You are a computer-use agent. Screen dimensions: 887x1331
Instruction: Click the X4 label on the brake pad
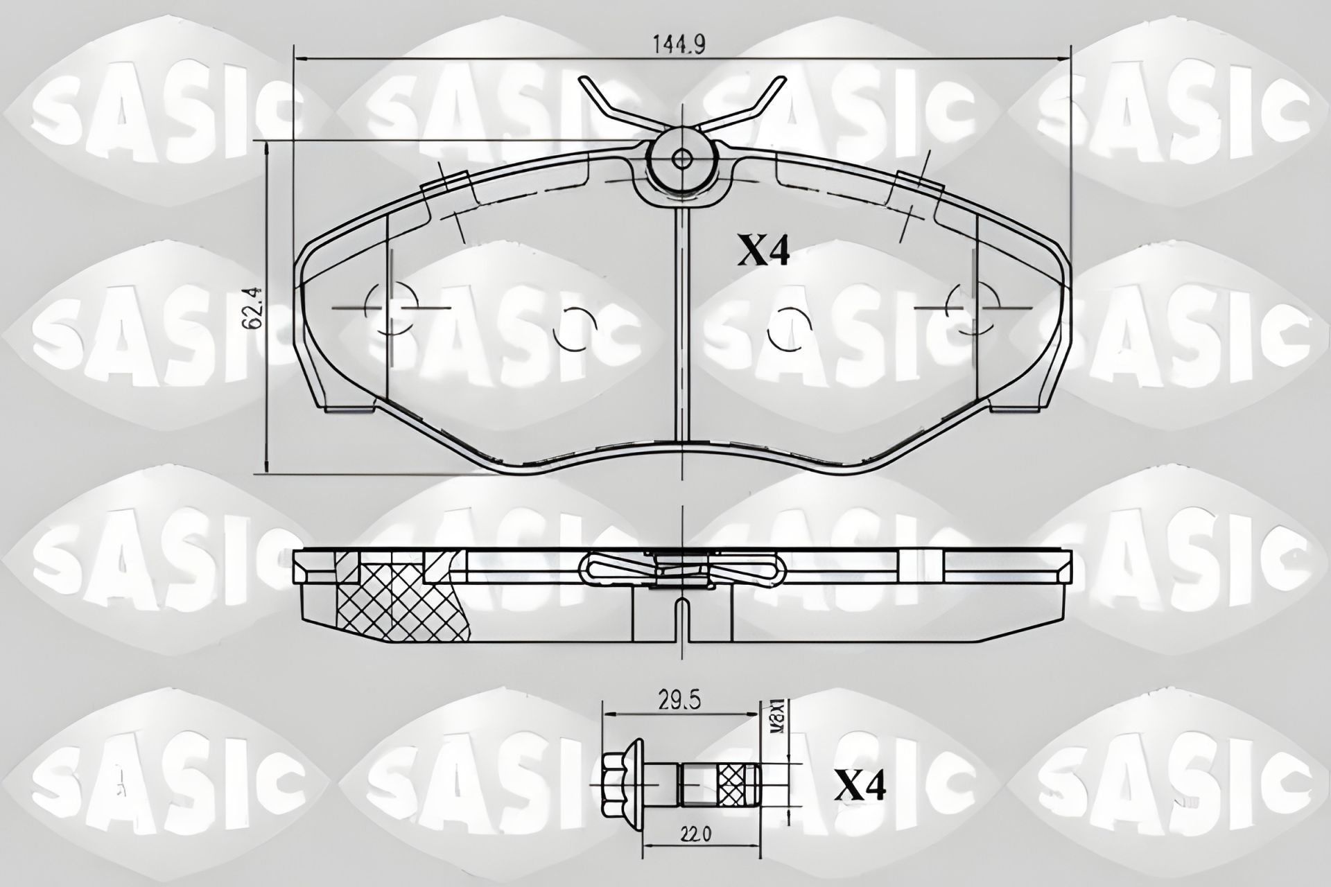pos(763,252)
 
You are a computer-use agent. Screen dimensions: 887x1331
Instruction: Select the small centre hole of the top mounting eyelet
pos(681,159)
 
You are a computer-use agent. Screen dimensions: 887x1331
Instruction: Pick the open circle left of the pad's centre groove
pos(575,328)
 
